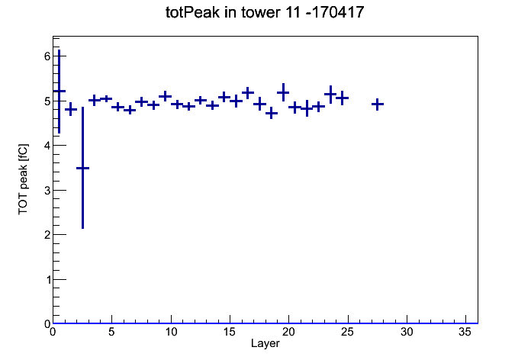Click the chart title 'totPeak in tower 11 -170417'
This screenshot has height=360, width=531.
point(265,12)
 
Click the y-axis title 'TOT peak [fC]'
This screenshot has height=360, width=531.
point(23,179)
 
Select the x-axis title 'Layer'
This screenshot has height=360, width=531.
point(265,343)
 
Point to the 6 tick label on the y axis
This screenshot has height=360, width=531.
point(47,56)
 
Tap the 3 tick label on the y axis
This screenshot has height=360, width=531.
point(47,191)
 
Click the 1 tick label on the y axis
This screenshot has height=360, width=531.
point(47,280)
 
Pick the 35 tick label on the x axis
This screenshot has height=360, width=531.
point(465,333)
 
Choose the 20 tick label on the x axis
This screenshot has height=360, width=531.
point(288,333)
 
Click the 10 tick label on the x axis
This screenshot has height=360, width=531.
point(171,333)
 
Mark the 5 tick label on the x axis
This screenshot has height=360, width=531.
point(111,333)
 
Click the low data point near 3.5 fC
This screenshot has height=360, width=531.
point(82,168)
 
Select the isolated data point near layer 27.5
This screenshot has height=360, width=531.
point(377,104)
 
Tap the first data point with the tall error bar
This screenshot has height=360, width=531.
point(59,91)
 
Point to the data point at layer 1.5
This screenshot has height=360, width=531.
point(71,109)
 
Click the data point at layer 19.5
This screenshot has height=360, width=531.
point(283,92)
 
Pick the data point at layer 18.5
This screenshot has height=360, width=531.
point(272,113)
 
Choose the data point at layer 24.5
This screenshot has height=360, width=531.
point(342,98)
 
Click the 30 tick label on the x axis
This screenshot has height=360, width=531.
point(407,333)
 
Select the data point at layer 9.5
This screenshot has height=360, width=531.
point(166,96)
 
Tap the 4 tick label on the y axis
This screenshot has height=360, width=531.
point(47,146)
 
